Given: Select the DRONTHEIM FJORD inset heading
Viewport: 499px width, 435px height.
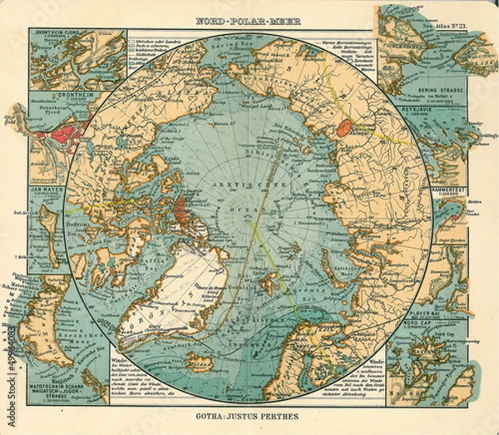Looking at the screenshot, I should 58,35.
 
